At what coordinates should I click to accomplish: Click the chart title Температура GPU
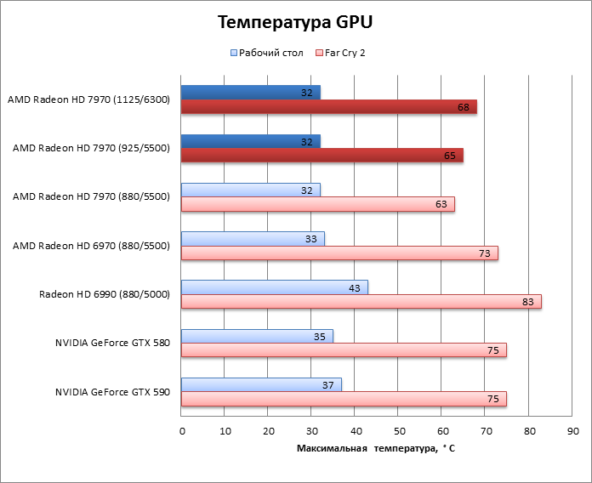coord(295,22)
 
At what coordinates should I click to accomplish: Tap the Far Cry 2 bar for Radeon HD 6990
coord(361,301)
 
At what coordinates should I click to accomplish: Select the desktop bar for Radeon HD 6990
coord(274,287)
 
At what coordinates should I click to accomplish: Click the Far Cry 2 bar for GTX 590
coord(344,399)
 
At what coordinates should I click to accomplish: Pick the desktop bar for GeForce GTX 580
coord(257,336)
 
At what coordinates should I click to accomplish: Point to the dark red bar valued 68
coord(328,106)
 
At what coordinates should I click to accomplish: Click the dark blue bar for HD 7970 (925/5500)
coord(250,141)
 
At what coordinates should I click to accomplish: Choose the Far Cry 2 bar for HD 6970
coord(339,253)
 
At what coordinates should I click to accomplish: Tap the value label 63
coord(441,204)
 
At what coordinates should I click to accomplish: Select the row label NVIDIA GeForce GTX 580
coord(113,344)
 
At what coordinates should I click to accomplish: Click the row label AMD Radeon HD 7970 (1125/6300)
coord(89,99)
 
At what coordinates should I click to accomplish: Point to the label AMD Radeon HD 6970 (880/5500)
coord(92,246)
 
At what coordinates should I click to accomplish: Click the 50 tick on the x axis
coord(399,432)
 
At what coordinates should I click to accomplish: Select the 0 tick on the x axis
coord(182,432)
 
